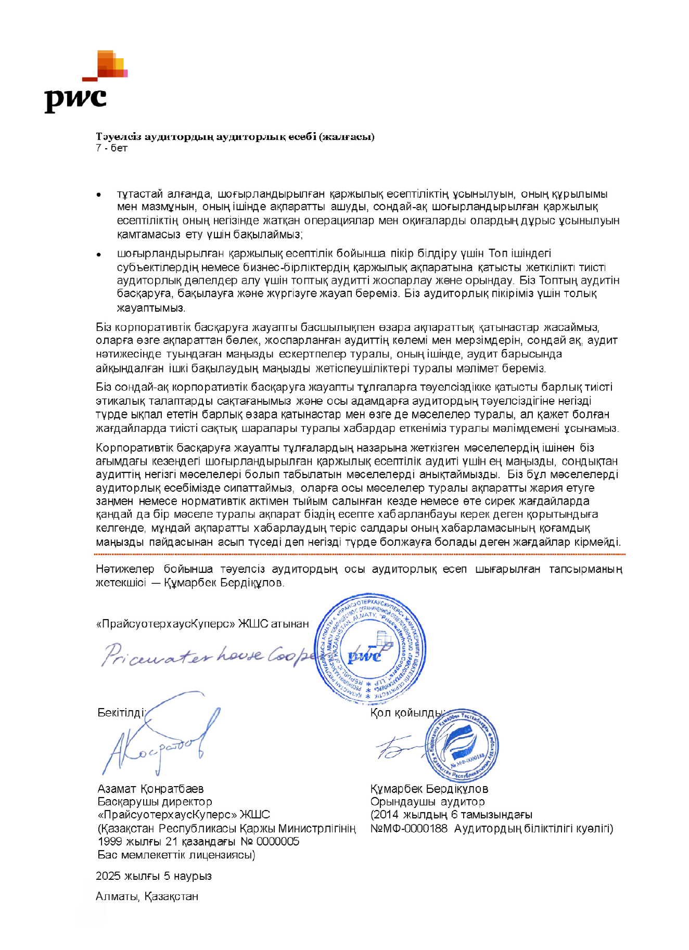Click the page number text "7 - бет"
(x=111, y=148)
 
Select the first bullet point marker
(x=98, y=195)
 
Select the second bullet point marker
(x=98, y=254)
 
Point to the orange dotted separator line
(x=359, y=555)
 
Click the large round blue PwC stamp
(x=371, y=649)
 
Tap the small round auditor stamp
(x=461, y=744)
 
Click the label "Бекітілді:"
(x=121, y=712)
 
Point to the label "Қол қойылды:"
(x=407, y=712)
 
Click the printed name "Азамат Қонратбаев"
(x=150, y=789)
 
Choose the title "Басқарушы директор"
(x=155, y=802)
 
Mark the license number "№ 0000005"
(x=270, y=841)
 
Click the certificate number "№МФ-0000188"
(x=409, y=828)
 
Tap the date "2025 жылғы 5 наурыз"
(x=154, y=876)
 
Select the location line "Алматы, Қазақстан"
(x=147, y=896)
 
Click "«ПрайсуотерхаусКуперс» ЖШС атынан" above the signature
(x=202, y=624)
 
